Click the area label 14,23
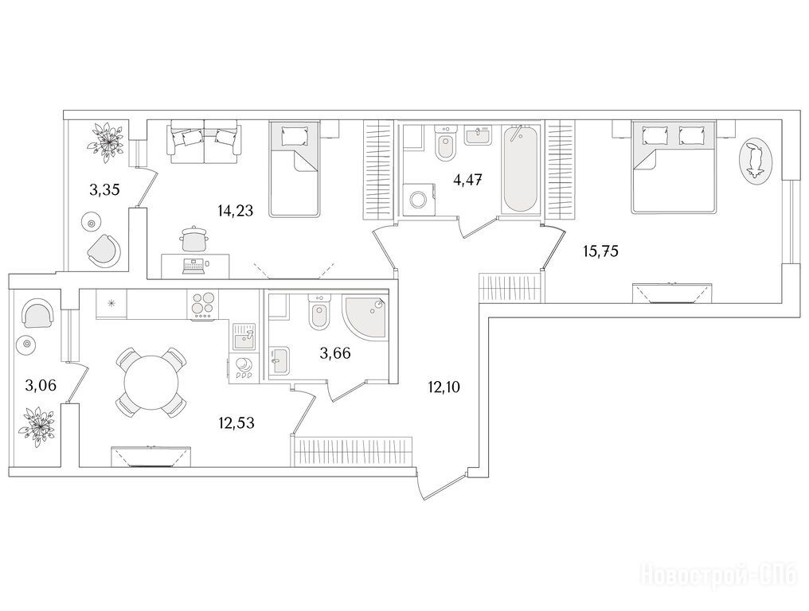pos(235,210)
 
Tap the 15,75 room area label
pos(600,251)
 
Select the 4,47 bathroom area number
pos(467,181)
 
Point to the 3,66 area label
pos(335,354)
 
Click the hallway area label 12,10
pos(444,387)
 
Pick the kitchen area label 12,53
pos(236,423)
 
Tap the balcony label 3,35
pos(104,190)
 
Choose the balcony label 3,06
pos(41,384)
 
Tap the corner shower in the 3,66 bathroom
pos(364,317)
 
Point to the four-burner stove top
pos(203,304)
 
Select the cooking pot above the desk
pos(194,239)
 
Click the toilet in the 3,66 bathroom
pos(319,313)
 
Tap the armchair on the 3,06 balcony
pos(37,314)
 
